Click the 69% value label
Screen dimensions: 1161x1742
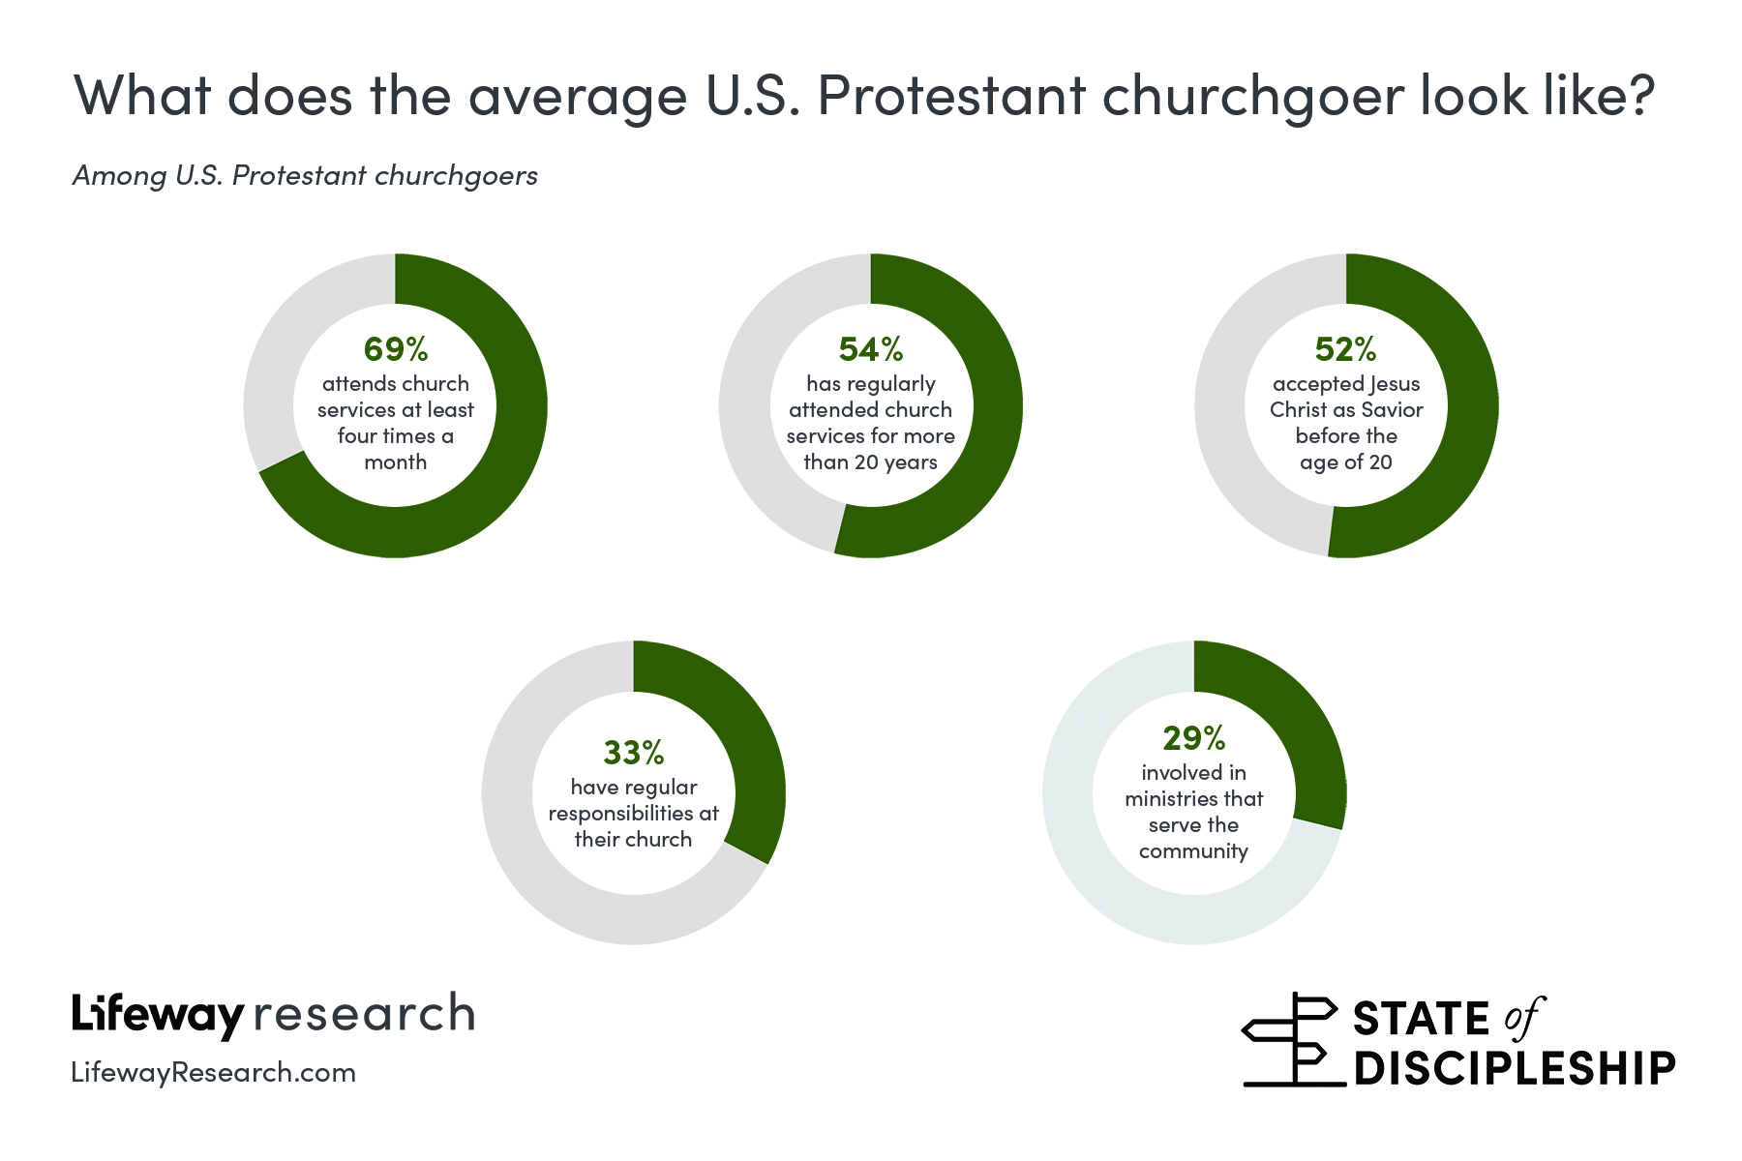coord(395,348)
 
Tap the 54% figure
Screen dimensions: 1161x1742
coord(870,348)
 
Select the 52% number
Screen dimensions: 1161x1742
coord(1345,348)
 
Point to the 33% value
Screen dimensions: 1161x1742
coord(633,752)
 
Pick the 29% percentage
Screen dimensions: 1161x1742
coord(1193,738)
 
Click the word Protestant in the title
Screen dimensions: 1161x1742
coord(951,95)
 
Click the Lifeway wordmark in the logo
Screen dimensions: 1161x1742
coord(157,1015)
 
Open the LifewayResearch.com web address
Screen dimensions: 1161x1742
coord(213,1072)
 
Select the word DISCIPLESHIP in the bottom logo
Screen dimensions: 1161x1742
coord(1515,1067)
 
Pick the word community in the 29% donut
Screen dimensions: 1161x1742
coord(1193,851)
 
